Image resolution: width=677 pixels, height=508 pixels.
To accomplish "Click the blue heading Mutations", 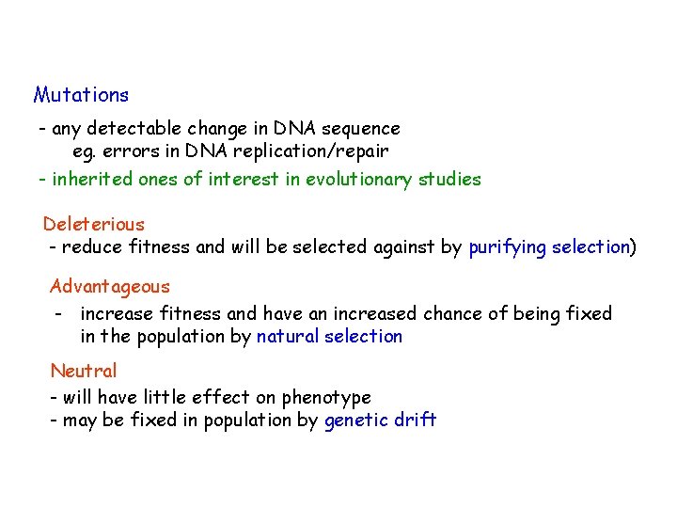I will (81, 95).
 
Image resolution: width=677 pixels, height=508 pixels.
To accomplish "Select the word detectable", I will (130, 129).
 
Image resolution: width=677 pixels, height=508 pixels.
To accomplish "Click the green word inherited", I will (92, 179).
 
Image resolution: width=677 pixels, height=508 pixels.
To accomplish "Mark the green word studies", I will (449, 179).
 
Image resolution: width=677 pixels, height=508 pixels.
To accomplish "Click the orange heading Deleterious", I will (94, 224).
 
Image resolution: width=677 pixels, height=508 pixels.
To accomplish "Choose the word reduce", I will (91, 247).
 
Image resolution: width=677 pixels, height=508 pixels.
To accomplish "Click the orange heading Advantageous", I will (110, 287).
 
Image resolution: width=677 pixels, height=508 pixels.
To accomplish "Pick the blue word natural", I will (288, 337).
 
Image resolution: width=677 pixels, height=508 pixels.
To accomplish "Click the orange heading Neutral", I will (84, 371).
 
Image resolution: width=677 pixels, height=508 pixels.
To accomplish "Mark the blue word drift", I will (416, 421).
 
